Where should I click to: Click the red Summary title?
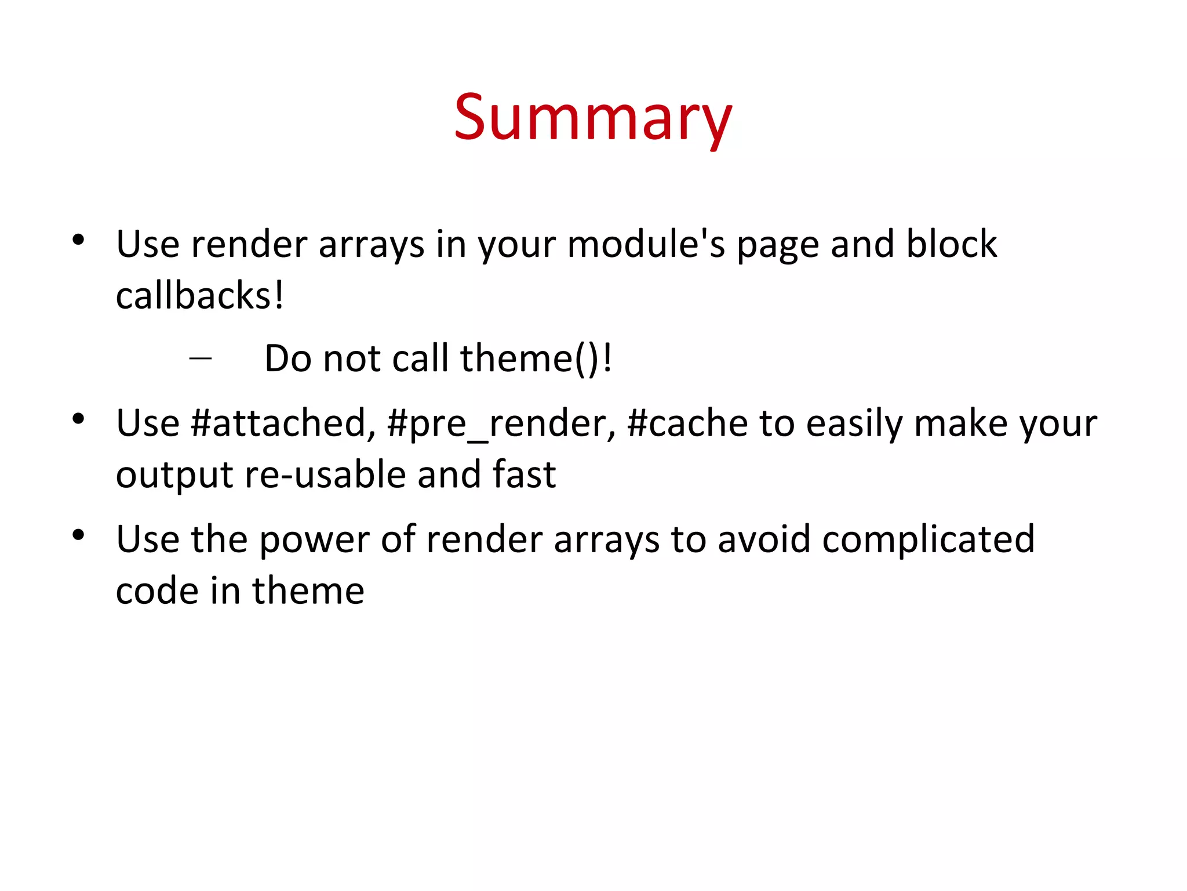[593, 119]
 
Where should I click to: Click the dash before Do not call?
[200, 358]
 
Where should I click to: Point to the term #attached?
[283, 423]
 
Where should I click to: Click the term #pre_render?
[501, 423]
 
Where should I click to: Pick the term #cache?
[687, 423]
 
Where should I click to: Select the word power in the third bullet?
[314, 539]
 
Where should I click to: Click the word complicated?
[928, 539]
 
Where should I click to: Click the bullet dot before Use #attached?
[79, 419]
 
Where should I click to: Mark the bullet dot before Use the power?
[79, 535]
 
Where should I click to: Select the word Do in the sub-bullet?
[288, 358]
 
